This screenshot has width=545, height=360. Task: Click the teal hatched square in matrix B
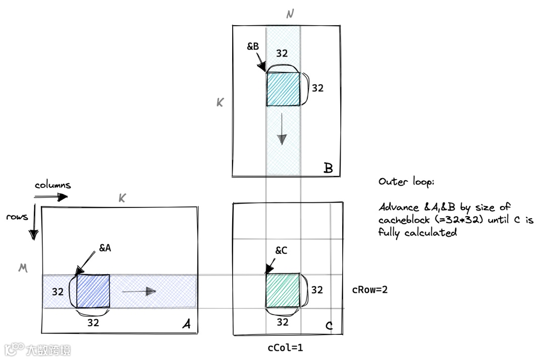(x=283, y=89)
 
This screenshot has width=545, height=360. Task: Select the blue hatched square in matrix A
(x=93, y=291)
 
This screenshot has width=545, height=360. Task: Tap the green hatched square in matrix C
(x=283, y=291)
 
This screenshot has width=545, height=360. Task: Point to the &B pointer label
(x=253, y=46)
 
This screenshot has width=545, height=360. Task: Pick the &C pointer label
(x=282, y=250)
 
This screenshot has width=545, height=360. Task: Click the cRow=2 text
(x=370, y=290)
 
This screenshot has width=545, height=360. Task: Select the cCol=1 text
(x=285, y=348)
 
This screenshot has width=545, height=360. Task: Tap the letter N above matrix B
(x=290, y=14)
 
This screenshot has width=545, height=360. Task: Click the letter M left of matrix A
(x=22, y=269)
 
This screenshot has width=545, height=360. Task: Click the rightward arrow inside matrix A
(x=139, y=291)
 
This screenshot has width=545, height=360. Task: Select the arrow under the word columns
(x=51, y=197)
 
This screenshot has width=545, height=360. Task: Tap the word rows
(x=17, y=217)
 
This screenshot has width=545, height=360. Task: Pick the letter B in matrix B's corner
(x=328, y=168)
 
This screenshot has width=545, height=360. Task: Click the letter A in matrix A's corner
(x=186, y=325)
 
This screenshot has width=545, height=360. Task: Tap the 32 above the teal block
(x=282, y=53)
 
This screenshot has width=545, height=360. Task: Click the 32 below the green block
(x=283, y=322)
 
